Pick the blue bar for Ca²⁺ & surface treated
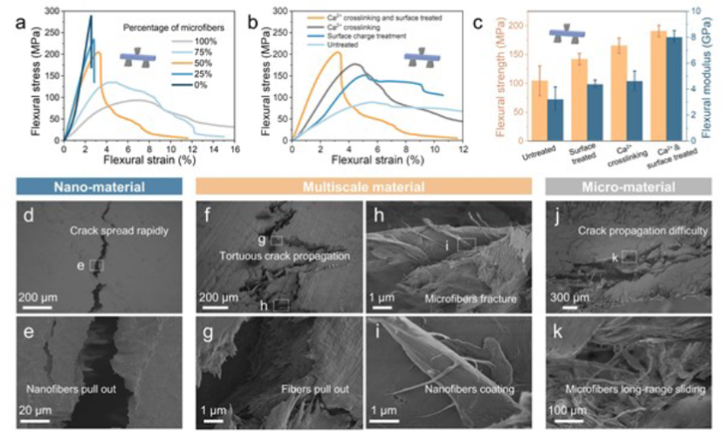[x=674, y=87]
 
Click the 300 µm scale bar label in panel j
[x=569, y=298]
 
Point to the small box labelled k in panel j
[x=629, y=256]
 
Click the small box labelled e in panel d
[x=96, y=265]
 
